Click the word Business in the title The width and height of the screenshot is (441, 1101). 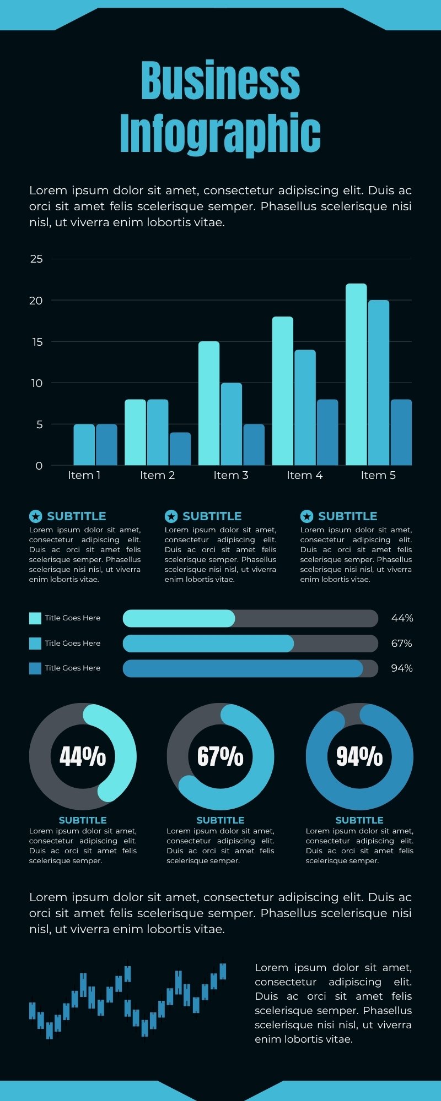click(x=220, y=81)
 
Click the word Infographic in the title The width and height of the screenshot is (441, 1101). click(x=220, y=134)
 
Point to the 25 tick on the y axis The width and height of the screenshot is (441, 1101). click(x=36, y=259)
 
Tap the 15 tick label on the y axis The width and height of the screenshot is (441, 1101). click(x=36, y=342)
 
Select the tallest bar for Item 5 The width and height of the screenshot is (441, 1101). click(x=356, y=374)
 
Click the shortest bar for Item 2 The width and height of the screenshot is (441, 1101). click(x=180, y=449)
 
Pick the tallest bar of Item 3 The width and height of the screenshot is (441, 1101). click(x=209, y=403)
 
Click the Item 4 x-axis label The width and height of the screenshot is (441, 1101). click(x=304, y=475)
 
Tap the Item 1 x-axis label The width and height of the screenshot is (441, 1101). click(x=84, y=475)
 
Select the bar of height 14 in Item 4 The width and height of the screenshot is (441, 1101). click(x=305, y=407)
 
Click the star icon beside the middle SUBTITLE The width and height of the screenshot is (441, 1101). click(x=171, y=516)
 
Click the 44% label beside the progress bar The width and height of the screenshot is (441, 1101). click(x=402, y=618)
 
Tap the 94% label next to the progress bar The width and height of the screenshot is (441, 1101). click(x=402, y=668)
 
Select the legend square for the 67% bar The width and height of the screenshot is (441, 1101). click(x=35, y=643)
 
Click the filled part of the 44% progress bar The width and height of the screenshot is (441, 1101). click(x=179, y=618)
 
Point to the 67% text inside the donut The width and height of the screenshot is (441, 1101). click(x=220, y=756)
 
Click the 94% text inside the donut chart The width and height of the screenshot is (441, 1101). click(x=359, y=756)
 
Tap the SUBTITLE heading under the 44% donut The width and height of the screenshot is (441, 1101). click(x=83, y=820)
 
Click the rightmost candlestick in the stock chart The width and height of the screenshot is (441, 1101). click(x=223, y=971)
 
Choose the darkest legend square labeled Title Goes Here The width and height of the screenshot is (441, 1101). click(x=35, y=668)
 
